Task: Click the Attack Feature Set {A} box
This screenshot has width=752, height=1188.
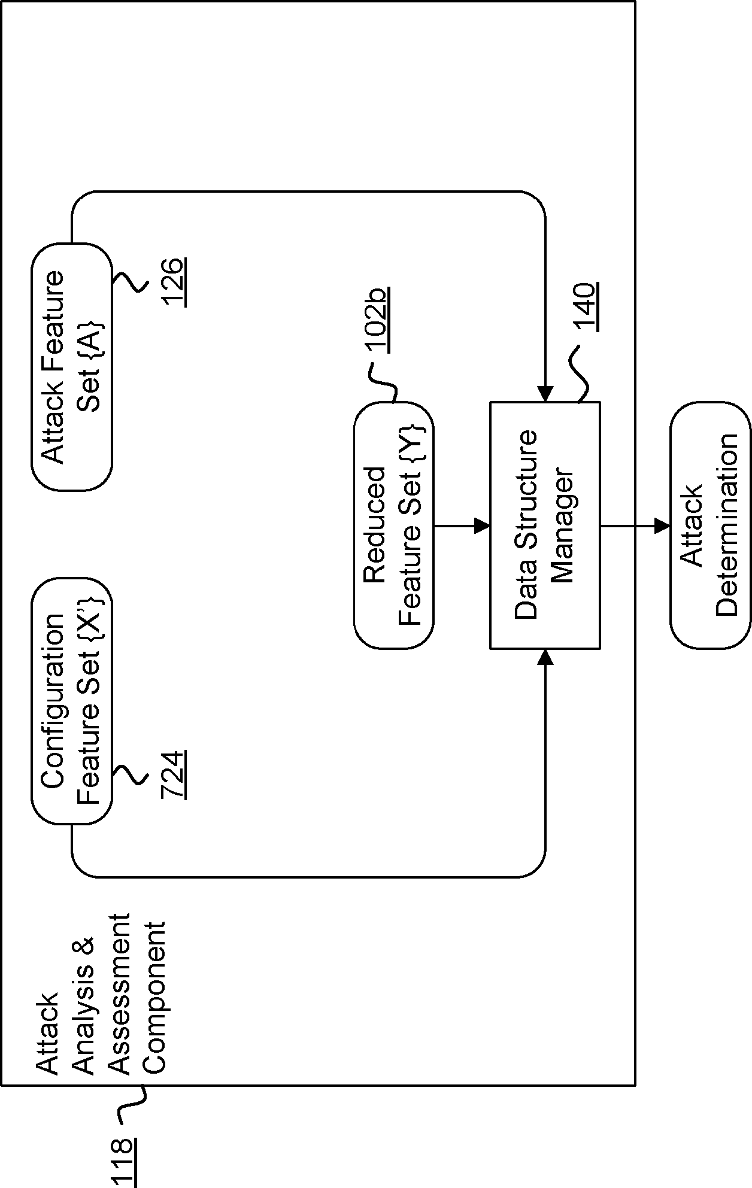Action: (x=72, y=366)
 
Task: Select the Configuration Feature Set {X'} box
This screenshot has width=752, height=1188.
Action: (x=72, y=701)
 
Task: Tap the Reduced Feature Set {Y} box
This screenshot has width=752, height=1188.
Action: (x=393, y=525)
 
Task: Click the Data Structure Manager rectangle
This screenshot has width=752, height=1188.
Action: (x=545, y=525)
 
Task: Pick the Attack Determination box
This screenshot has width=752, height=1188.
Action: (x=710, y=525)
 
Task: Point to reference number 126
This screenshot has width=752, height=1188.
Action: (x=175, y=281)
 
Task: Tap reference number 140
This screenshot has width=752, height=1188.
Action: (x=585, y=306)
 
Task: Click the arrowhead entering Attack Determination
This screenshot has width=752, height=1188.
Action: (x=662, y=526)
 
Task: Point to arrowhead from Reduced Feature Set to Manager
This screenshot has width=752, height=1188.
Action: (x=482, y=526)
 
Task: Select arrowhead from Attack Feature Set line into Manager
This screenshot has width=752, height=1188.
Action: (x=545, y=394)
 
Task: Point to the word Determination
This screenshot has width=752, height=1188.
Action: (x=728, y=525)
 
